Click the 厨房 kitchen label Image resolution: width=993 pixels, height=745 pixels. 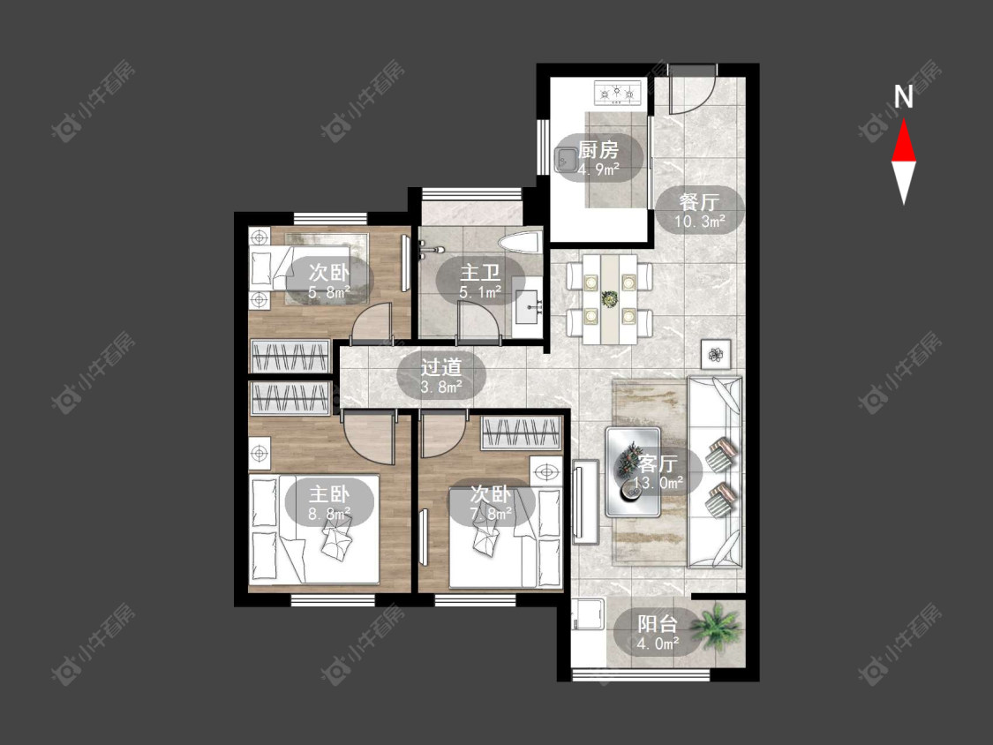pyautogui.click(x=598, y=150)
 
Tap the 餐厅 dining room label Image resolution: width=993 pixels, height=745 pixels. pyautogui.click(x=699, y=202)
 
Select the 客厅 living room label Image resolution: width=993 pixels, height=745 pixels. pyautogui.click(x=658, y=463)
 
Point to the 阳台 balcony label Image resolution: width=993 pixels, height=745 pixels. pyautogui.click(x=658, y=624)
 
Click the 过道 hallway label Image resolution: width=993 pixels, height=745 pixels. pyautogui.click(x=441, y=367)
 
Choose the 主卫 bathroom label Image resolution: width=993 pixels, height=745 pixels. pyautogui.click(x=480, y=273)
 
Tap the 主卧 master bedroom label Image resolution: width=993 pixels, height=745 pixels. pyautogui.click(x=328, y=493)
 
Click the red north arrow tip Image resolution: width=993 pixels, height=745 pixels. pyautogui.click(x=904, y=120)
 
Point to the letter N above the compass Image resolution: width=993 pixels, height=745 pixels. pyautogui.click(x=904, y=97)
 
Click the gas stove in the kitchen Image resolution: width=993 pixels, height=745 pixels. pyautogui.click(x=618, y=94)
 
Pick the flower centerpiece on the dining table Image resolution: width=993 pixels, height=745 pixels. pyautogui.click(x=610, y=297)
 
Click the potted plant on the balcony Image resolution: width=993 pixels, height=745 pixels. pyautogui.click(x=716, y=625)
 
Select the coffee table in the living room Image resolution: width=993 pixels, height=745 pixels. pyautogui.click(x=633, y=472)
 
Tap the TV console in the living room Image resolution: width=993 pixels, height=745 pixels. pyautogui.click(x=585, y=501)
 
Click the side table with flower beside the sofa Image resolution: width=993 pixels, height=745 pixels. pyautogui.click(x=716, y=354)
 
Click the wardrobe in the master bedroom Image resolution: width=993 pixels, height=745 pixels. pyautogui.click(x=290, y=398)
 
